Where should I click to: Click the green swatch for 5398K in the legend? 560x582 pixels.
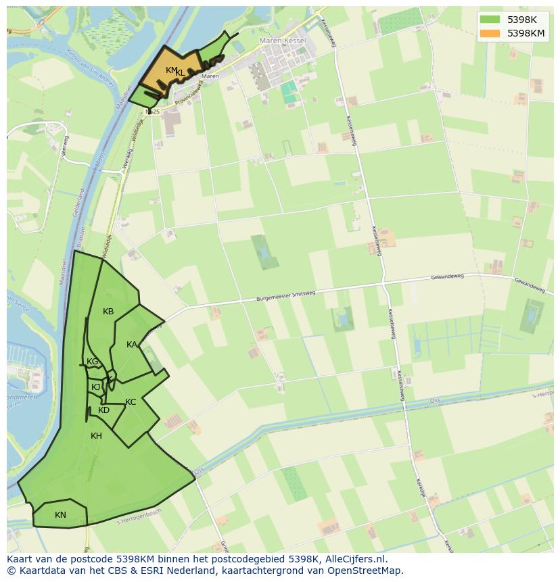coord(490,20)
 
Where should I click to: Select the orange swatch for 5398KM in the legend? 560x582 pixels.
coord(490,33)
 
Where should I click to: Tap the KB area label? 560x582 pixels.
coord(108,312)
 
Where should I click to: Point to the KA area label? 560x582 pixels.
coord(132,345)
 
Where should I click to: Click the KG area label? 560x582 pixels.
coord(93,362)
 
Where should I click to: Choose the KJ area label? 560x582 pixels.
coord(96,387)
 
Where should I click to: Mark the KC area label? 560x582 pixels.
coord(131,402)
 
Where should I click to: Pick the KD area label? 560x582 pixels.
coord(103,410)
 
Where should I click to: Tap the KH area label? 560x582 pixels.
coord(96,436)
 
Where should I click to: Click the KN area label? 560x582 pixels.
coord(60,515)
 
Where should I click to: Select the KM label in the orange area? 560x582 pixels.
coord(171,70)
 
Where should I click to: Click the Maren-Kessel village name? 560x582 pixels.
coord(283,41)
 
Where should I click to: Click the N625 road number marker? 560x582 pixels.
coord(152,112)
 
